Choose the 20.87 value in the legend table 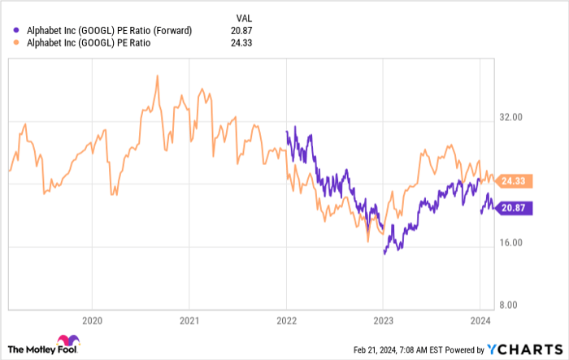241,30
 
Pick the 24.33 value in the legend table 241,43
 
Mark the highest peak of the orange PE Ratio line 155,76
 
